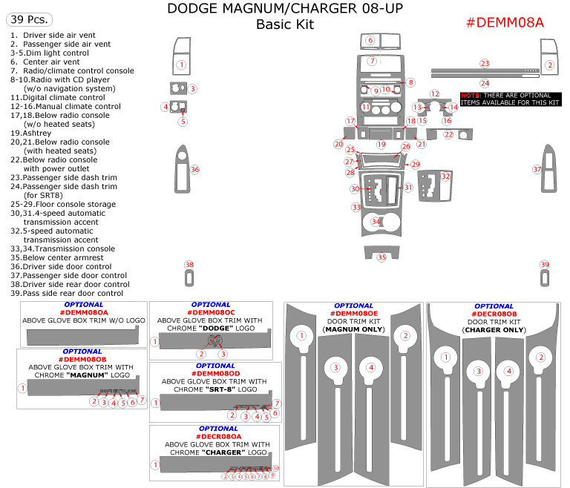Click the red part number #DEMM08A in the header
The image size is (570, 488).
coord(504,22)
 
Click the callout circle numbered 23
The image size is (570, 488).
coord(485,64)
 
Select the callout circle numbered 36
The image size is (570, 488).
coord(195,169)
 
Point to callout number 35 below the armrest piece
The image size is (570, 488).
coord(382,257)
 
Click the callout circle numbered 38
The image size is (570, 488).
coord(189,265)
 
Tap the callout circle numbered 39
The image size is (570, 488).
coord(545,265)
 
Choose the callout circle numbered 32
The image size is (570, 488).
coord(445,177)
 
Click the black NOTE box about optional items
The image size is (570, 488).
coord(510,99)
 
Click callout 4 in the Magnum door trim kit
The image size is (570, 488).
coord(370,367)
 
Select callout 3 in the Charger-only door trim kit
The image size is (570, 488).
coord(479,371)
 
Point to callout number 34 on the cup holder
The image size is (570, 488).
coord(376,222)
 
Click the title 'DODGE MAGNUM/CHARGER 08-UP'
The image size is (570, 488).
coord(284,9)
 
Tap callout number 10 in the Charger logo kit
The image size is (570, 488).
coord(275,469)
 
